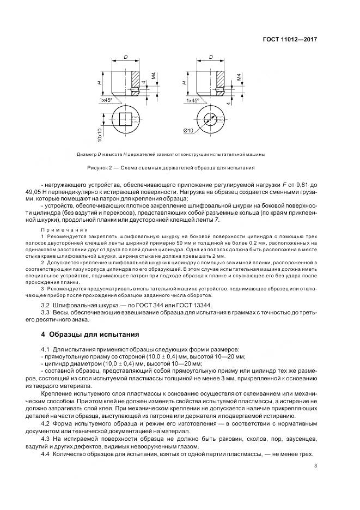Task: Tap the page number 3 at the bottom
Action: (x=316, y=465)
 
